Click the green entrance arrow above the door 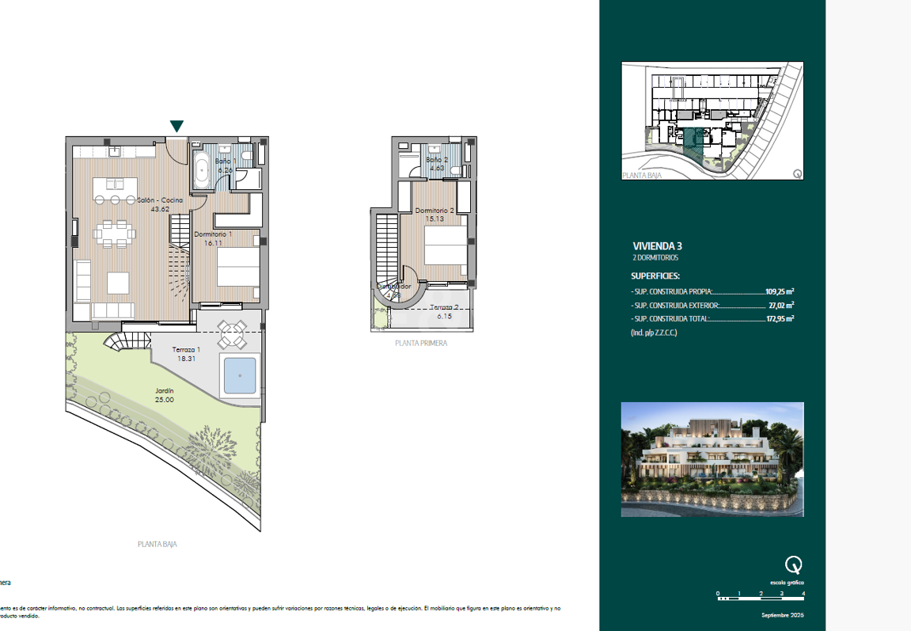pyautogui.click(x=177, y=126)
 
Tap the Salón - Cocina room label pyautogui.click(x=160, y=200)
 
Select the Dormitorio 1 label pyautogui.click(x=213, y=234)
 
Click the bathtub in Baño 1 pyautogui.click(x=202, y=169)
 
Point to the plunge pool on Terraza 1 pyautogui.click(x=240, y=375)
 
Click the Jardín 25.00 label pyautogui.click(x=165, y=395)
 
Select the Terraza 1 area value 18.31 pyautogui.click(x=187, y=359)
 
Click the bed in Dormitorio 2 pyautogui.click(x=446, y=245)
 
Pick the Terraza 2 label pyautogui.click(x=444, y=307)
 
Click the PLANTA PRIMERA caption pyautogui.click(x=421, y=343)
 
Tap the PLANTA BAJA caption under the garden pyautogui.click(x=162, y=544)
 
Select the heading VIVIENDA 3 pyautogui.click(x=656, y=246)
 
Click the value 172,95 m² pyautogui.click(x=780, y=319)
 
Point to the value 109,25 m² pyautogui.click(x=780, y=291)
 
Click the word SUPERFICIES pyautogui.click(x=655, y=276)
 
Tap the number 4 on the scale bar pyautogui.click(x=803, y=593)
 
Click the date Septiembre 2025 pyautogui.click(x=782, y=615)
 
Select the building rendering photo pyautogui.click(x=712, y=459)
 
